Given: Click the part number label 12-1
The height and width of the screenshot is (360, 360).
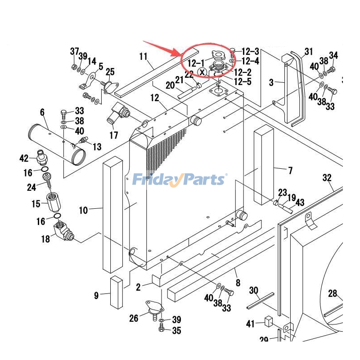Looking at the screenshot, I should [x=196, y=63].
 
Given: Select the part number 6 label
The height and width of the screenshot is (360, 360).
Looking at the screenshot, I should [x=42, y=112].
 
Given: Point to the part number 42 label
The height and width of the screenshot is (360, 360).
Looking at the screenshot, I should [x=24, y=158].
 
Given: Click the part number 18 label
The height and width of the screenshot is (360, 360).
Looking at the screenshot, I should [x=45, y=239].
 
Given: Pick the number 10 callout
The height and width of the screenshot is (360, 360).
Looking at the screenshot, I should [x=84, y=210].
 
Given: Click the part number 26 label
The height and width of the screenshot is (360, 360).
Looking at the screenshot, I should [x=134, y=319].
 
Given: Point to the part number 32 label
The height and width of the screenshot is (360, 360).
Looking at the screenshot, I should [x=327, y=178].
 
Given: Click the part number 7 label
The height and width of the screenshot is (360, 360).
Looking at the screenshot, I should [x=290, y=171].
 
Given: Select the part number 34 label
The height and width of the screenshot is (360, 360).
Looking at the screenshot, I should [x=333, y=55].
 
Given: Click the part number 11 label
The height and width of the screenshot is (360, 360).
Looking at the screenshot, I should [x=143, y=57].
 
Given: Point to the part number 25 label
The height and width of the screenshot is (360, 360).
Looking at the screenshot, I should [x=110, y=72].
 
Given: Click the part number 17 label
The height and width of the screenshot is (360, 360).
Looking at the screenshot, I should [x=113, y=135].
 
